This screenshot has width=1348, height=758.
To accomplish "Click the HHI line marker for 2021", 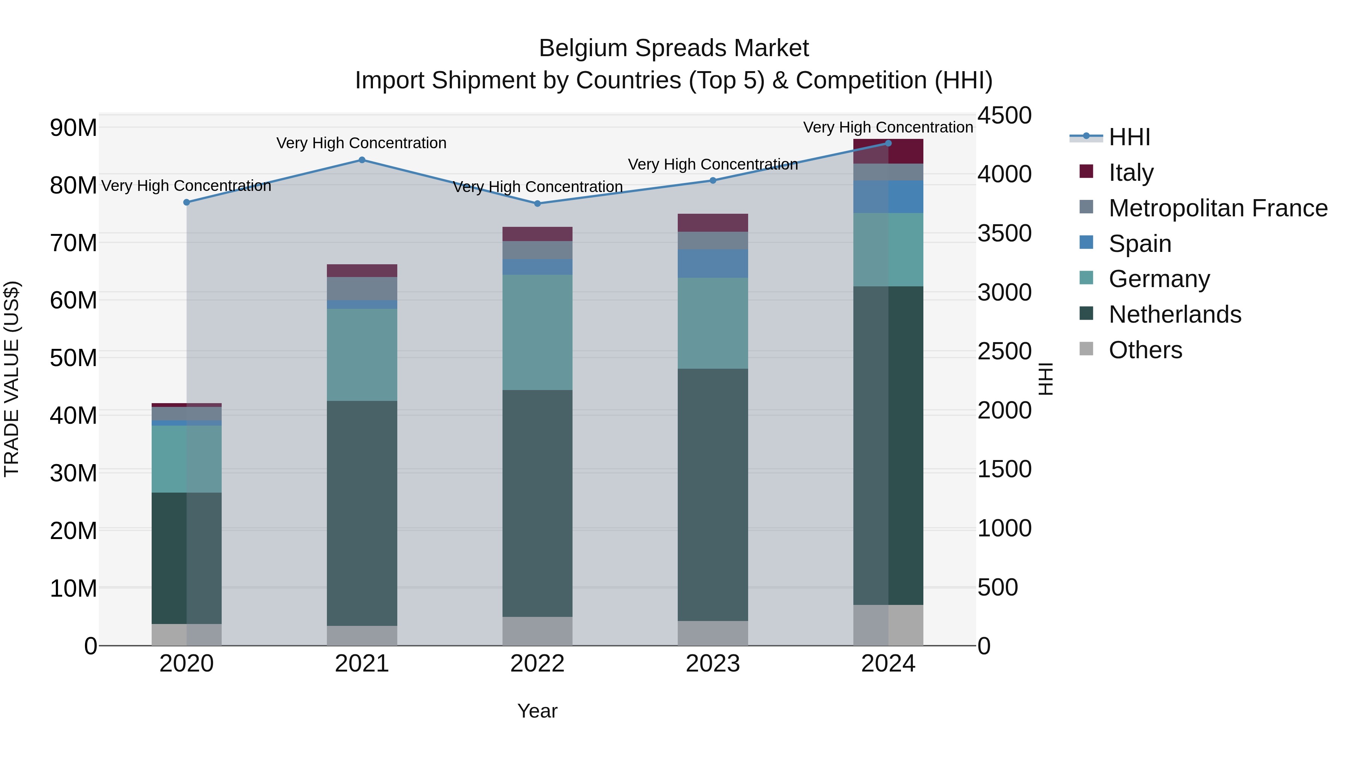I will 362,160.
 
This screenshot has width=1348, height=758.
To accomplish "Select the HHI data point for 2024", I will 888,143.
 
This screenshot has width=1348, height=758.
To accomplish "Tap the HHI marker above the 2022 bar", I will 537,204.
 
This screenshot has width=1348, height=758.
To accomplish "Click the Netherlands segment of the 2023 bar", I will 713,494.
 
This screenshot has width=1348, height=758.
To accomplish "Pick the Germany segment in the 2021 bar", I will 362,355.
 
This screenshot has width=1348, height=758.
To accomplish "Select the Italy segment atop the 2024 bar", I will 888,151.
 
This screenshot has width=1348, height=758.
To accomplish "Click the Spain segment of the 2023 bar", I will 713,263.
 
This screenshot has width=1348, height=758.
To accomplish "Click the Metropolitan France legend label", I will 1218,208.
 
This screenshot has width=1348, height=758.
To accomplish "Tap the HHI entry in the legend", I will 1129,137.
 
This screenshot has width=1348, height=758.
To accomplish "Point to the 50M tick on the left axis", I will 73,358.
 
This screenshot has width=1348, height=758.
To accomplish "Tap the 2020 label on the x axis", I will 186,664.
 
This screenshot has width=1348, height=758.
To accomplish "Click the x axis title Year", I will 537,711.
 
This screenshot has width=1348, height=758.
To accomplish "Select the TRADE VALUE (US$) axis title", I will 12,379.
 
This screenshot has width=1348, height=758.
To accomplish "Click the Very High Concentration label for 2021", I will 362,143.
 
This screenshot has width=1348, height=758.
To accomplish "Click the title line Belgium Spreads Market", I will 674,48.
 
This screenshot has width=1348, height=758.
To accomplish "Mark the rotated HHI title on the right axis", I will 1045,379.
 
